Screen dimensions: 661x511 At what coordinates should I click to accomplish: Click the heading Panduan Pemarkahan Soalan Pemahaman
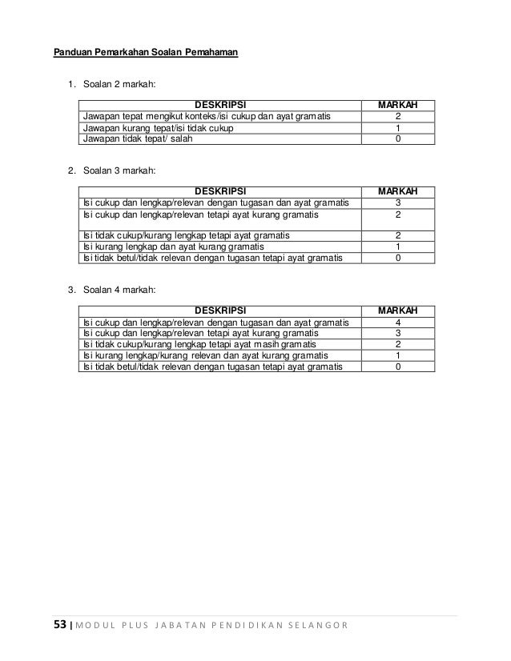click(146, 54)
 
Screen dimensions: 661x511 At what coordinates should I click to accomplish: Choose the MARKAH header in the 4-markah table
click(398, 310)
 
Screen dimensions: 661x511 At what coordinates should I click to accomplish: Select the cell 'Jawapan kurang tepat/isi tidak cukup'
click(161, 127)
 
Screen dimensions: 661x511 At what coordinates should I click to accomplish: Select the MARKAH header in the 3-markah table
click(398, 191)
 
